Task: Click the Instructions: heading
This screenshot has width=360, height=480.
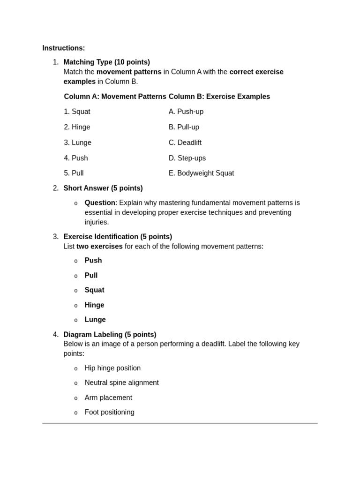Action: [x=63, y=48]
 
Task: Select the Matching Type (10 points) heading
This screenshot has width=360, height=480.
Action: [x=106, y=62]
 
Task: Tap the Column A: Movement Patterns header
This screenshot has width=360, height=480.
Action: [x=115, y=97]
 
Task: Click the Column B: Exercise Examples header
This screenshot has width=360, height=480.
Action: [x=219, y=97]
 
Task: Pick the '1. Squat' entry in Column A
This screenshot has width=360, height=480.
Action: [x=77, y=112]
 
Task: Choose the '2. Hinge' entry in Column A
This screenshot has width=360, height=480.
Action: [x=77, y=127]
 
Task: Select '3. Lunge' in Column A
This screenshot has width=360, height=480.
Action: [x=77, y=142]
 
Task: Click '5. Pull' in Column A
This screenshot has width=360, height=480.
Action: [x=74, y=173]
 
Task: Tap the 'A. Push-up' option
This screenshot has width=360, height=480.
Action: [x=186, y=112]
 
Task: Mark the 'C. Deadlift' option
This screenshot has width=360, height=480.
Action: [x=185, y=142]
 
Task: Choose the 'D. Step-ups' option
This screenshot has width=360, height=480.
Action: [x=187, y=158]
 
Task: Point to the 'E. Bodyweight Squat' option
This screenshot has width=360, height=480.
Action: [x=201, y=173]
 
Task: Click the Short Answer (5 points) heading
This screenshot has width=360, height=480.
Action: [x=103, y=188]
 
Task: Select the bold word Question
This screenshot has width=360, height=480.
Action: [x=100, y=202]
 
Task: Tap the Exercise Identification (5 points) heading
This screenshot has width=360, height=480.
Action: [x=118, y=237]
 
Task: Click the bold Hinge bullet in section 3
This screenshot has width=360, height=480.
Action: [x=94, y=305]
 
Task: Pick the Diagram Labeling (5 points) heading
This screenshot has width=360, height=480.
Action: [x=110, y=335]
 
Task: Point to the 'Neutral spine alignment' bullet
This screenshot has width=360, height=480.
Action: [x=121, y=382]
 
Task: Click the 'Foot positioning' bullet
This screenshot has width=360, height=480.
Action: [x=109, y=412]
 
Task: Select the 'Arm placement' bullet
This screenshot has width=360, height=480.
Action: [x=108, y=397]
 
